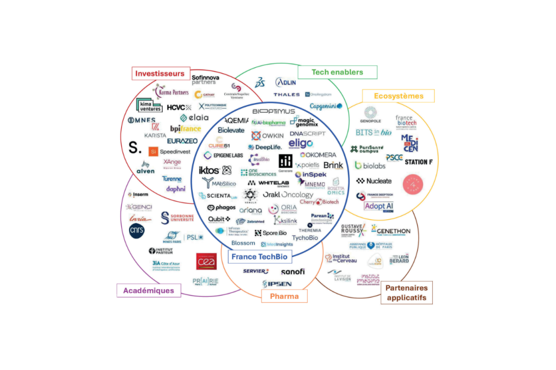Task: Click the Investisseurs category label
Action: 160,73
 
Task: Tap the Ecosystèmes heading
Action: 398,96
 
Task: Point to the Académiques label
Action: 148,290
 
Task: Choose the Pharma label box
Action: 284,296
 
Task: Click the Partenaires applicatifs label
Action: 407,292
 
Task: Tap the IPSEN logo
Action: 277,284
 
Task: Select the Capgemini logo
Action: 326,106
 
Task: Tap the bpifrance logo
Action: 185,129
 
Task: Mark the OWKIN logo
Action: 267,135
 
